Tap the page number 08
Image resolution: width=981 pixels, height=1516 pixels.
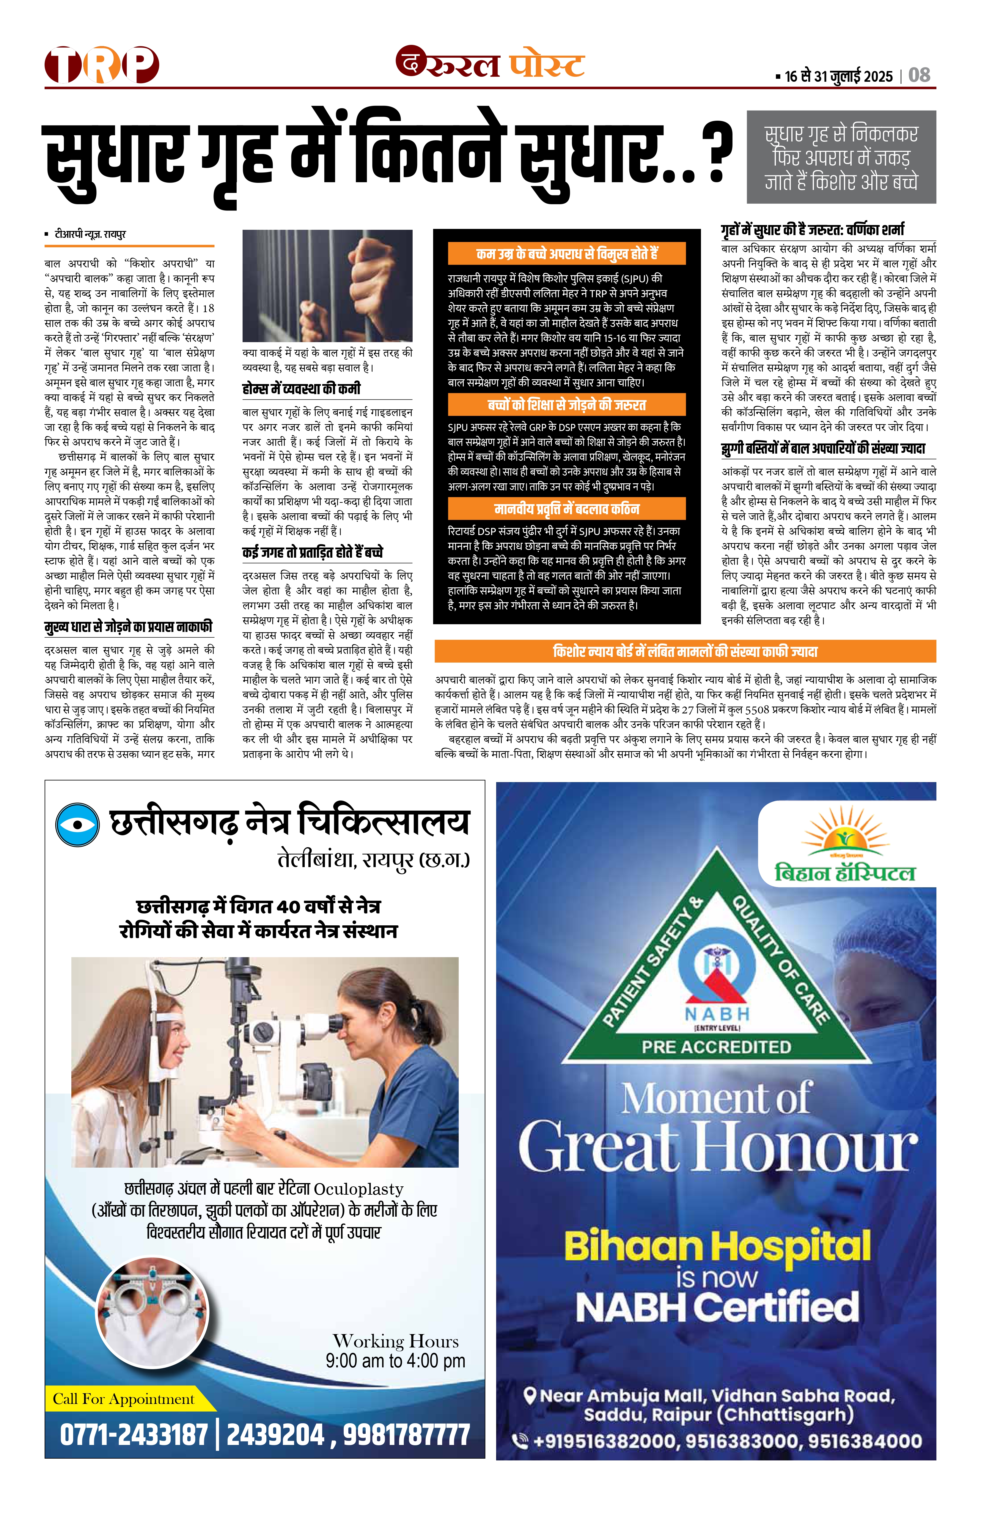(x=919, y=75)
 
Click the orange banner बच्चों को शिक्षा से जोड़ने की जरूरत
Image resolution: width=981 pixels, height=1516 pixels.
(x=566, y=405)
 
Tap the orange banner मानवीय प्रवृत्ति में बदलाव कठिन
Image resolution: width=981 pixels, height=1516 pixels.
(x=566, y=509)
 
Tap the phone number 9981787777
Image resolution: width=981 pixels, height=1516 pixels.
(x=406, y=1435)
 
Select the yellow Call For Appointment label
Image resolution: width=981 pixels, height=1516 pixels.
(x=124, y=1399)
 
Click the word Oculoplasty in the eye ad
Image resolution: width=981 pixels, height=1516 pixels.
(x=359, y=1189)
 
